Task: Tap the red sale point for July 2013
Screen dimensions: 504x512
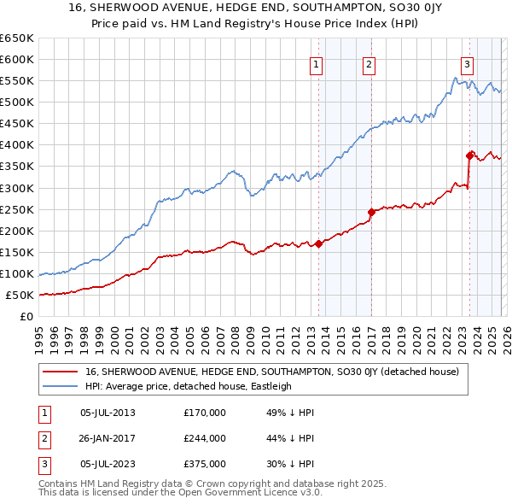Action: tap(318, 243)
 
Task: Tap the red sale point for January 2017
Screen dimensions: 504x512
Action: tap(371, 212)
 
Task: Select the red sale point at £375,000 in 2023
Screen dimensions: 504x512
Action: tap(469, 155)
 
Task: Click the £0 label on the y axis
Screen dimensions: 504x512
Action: tap(26, 317)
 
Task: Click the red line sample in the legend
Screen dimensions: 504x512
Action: tap(61, 372)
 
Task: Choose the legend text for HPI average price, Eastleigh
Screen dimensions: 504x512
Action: tap(189, 386)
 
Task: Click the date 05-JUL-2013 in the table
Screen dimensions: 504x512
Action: tap(107, 413)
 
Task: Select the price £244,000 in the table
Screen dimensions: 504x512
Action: tap(205, 438)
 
